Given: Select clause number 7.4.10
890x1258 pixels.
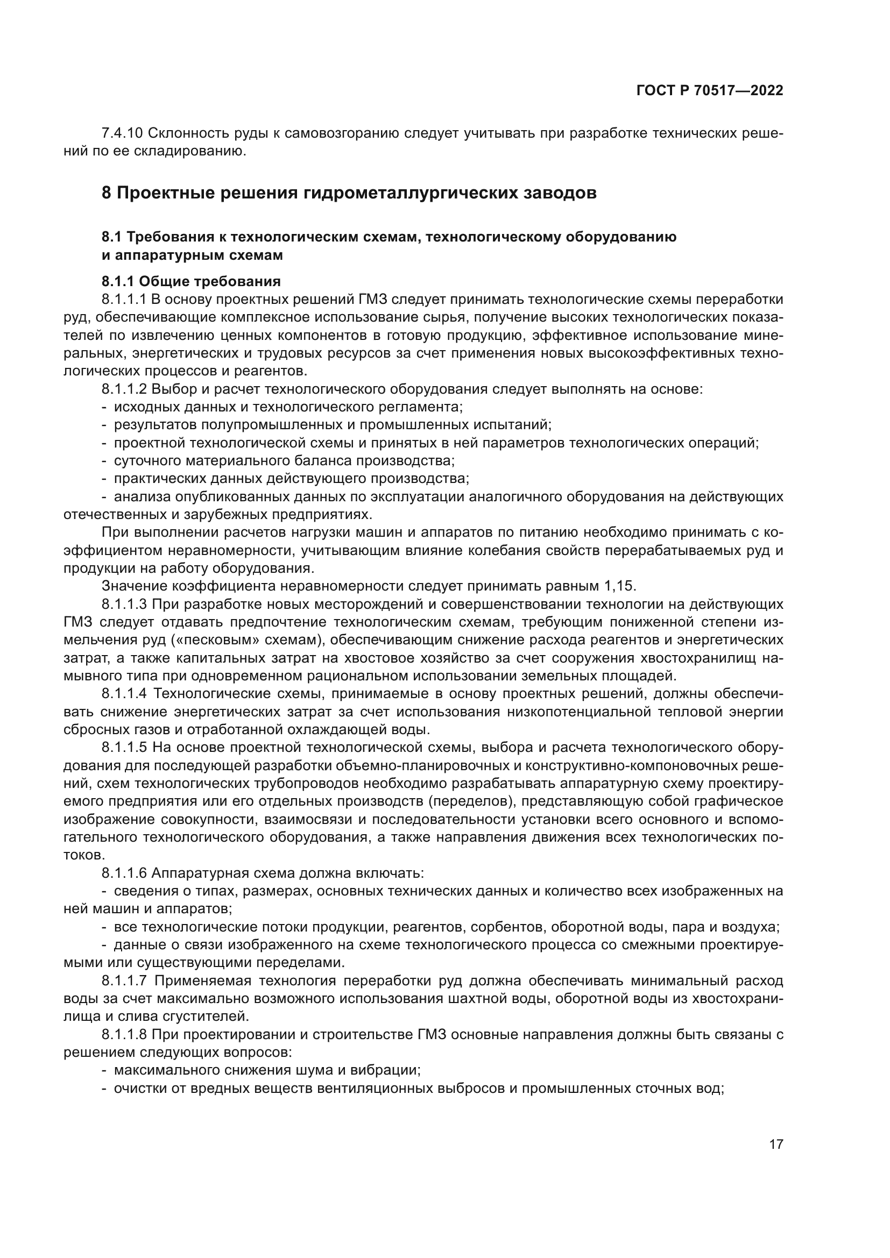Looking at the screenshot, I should tap(122, 133).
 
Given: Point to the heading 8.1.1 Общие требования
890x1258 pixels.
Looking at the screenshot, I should tap(190, 282).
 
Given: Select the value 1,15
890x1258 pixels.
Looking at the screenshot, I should tap(619, 586).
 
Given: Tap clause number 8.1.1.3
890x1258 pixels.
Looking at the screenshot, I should tap(124, 604).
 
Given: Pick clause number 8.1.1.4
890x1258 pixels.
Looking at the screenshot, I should tap(124, 693).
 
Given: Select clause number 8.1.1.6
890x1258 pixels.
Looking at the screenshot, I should tap(124, 873).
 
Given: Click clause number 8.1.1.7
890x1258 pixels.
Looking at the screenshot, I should tap(124, 981).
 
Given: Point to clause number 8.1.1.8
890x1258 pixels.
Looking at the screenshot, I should tap(124, 1034).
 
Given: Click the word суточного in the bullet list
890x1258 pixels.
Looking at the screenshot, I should tap(147, 460).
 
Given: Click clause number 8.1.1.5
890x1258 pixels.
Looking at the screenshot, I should tap(124, 748).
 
